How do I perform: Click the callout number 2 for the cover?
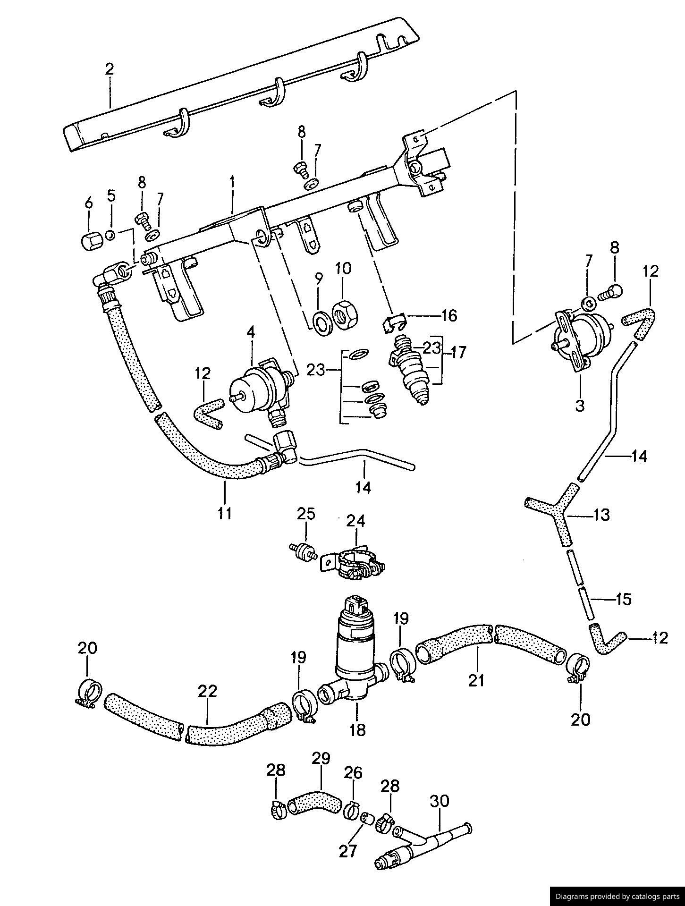click(x=110, y=69)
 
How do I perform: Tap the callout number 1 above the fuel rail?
click(x=232, y=181)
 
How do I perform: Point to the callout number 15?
click(x=623, y=599)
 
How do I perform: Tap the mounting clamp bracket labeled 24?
click(x=354, y=562)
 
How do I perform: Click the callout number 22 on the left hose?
click(x=208, y=691)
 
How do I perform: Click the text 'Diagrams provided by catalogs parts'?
click(x=617, y=896)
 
